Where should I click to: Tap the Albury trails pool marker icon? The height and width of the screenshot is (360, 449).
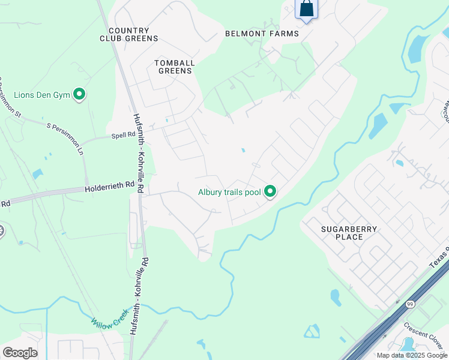click(270, 192)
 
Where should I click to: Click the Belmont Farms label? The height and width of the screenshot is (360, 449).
click(262, 34)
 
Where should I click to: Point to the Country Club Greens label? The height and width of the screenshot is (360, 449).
click(129, 34)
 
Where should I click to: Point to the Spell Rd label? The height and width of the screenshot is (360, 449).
click(123, 136)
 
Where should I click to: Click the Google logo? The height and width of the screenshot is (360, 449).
click(20, 353)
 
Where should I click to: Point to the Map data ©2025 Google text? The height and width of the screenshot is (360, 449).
click(412, 355)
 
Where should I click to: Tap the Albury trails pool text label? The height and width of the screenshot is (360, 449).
click(230, 193)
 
